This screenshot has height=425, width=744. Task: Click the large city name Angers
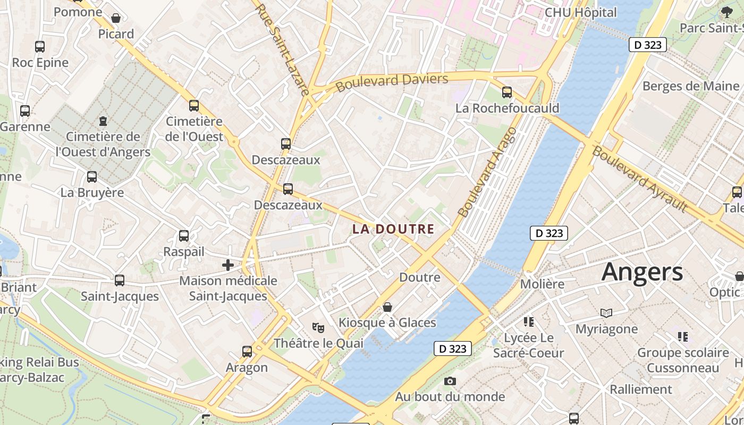pyautogui.click(x=642, y=272)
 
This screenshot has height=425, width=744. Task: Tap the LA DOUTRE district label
pyautogui.click(x=393, y=229)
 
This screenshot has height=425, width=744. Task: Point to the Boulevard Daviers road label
pyautogui.click(x=392, y=82)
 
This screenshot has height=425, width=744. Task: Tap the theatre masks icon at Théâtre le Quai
pyautogui.click(x=318, y=328)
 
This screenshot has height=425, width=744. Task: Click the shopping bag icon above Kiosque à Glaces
pyautogui.click(x=387, y=307)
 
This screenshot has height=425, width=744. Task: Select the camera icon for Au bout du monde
pyautogui.click(x=450, y=381)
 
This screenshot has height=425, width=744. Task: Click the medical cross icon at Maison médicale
pyautogui.click(x=228, y=265)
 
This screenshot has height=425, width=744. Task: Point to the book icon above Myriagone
pyautogui.click(x=606, y=313)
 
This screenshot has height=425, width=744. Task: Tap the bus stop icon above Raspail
pyautogui.click(x=184, y=235)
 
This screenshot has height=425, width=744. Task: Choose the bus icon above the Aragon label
pyautogui.click(x=247, y=351)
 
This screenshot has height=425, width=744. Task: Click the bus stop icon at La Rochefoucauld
pyautogui.click(x=507, y=92)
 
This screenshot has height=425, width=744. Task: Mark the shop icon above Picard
pyautogui.click(x=116, y=19)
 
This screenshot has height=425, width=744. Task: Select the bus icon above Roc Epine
pyautogui.click(x=40, y=46)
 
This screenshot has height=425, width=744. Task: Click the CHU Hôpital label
pyautogui.click(x=581, y=12)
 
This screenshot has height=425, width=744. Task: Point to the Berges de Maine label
pyautogui.click(x=690, y=86)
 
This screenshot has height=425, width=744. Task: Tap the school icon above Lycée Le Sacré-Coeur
pyautogui.click(x=528, y=321)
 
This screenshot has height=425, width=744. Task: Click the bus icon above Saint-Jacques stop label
pyautogui.click(x=120, y=280)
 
